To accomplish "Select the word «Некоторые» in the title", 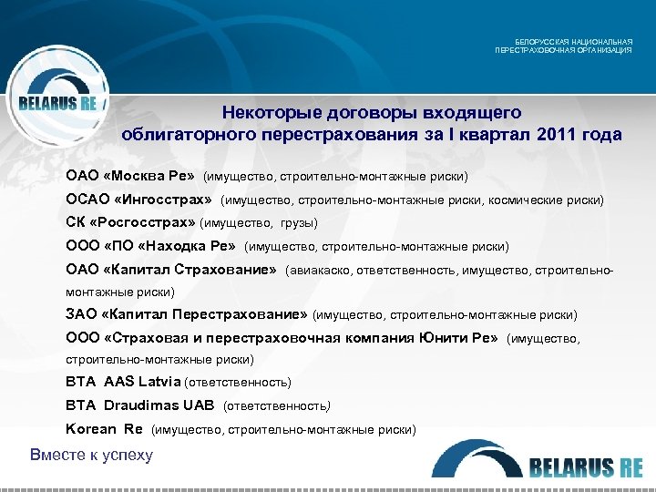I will coord(268,113).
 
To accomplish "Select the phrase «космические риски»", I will coord(553,199).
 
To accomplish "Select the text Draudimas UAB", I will coord(159,405).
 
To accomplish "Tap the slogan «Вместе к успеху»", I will coord(91,455).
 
